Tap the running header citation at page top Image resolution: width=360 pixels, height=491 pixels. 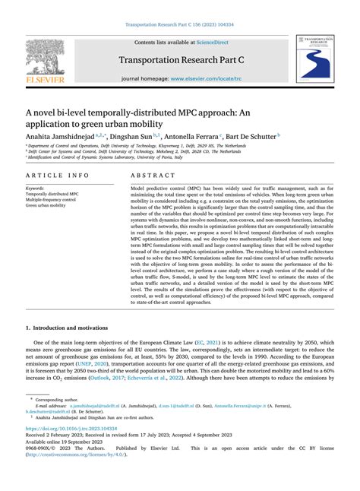[x=180, y=24]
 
